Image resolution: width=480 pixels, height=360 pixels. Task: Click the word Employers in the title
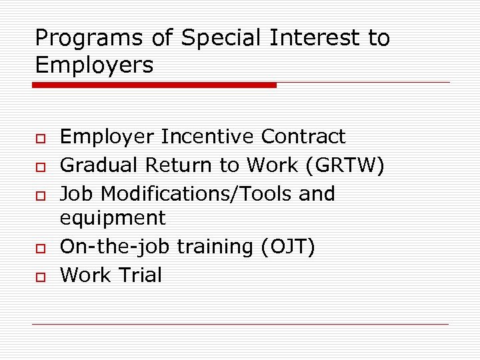pos(94,65)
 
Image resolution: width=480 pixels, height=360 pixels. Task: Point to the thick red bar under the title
pos(155,85)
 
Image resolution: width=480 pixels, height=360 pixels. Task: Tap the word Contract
pos(303,137)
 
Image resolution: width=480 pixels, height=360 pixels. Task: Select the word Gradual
pos(99,165)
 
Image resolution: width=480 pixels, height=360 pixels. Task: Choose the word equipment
pos(113,218)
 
